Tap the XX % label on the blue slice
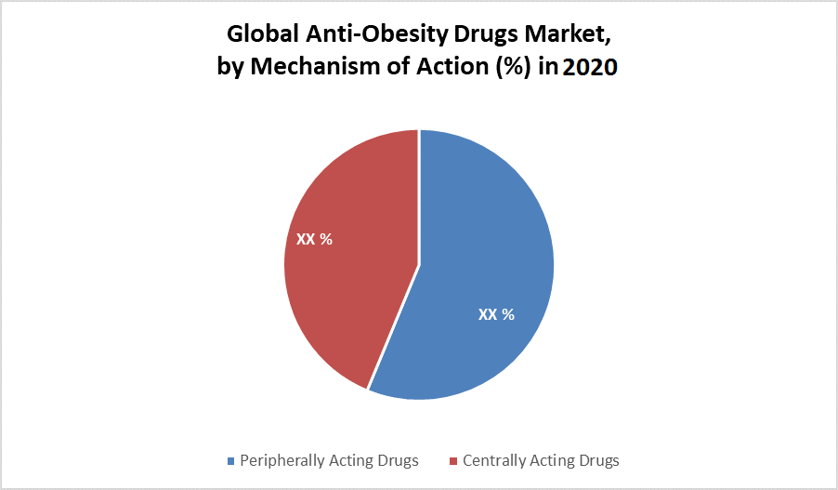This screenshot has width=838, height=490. [496, 314]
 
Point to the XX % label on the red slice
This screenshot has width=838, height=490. [314, 239]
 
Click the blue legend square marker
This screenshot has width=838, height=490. [231, 461]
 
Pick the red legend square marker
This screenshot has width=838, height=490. [453, 461]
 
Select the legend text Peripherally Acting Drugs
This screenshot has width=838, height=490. [329, 460]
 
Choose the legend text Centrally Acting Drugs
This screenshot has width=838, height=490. [541, 460]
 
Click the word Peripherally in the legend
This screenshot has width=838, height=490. [282, 460]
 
